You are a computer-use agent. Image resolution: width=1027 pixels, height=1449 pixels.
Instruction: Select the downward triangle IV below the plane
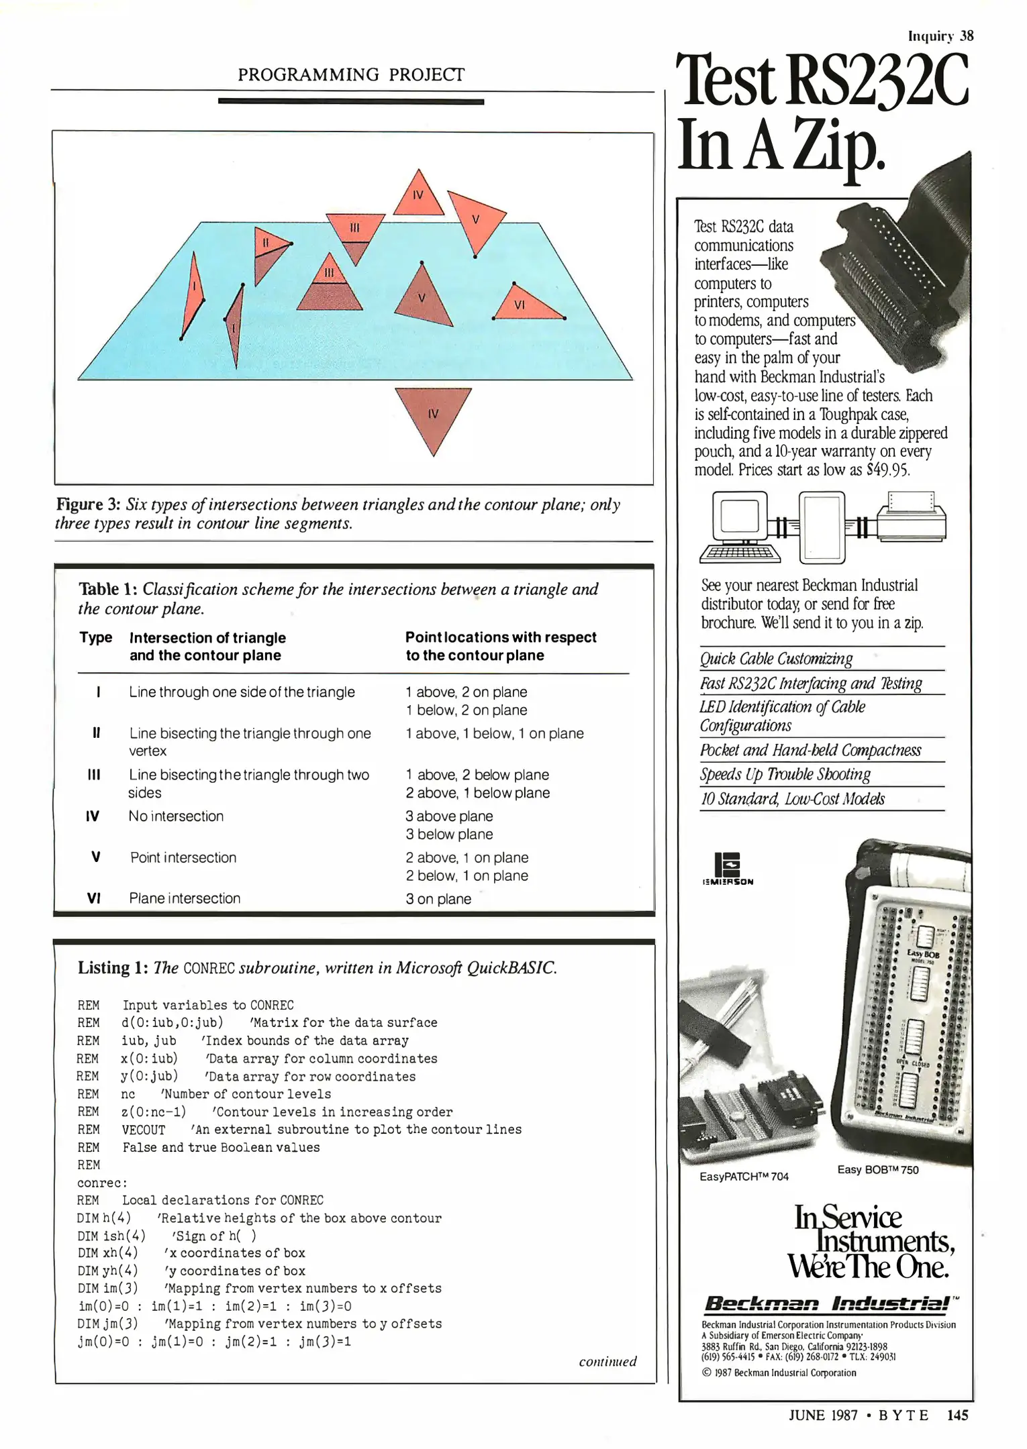(x=433, y=413)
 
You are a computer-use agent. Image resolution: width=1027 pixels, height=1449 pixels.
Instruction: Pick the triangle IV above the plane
(x=418, y=196)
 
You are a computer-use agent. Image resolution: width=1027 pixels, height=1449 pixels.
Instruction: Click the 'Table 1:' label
(x=108, y=589)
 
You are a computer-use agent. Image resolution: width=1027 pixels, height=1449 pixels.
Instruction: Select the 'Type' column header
(x=96, y=637)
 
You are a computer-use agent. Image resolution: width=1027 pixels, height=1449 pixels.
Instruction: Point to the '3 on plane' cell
(x=438, y=899)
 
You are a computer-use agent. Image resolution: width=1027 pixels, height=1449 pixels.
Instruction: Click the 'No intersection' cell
(x=176, y=816)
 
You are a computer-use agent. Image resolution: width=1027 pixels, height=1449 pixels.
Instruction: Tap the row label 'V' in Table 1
(x=96, y=857)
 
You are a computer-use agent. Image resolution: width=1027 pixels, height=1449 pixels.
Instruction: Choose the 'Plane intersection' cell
(x=185, y=898)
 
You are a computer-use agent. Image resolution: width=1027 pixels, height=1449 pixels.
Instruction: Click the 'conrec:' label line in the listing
(x=102, y=1183)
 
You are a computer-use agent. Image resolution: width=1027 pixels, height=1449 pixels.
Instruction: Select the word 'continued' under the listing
(x=607, y=1362)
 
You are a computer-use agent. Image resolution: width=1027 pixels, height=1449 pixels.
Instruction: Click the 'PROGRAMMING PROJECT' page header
(x=350, y=74)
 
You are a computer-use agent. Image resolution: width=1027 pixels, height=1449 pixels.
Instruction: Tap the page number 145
(x=958, y=1415)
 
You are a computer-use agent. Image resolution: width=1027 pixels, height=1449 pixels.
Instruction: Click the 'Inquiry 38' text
(x=940, y=36)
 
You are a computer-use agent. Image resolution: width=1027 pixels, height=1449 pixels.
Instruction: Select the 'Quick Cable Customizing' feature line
(x=776, y=659)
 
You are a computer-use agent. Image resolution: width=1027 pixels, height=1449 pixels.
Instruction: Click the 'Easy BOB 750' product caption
(x=878, y=1170)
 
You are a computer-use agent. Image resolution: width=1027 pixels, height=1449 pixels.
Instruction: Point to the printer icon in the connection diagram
(x=911, y=517)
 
